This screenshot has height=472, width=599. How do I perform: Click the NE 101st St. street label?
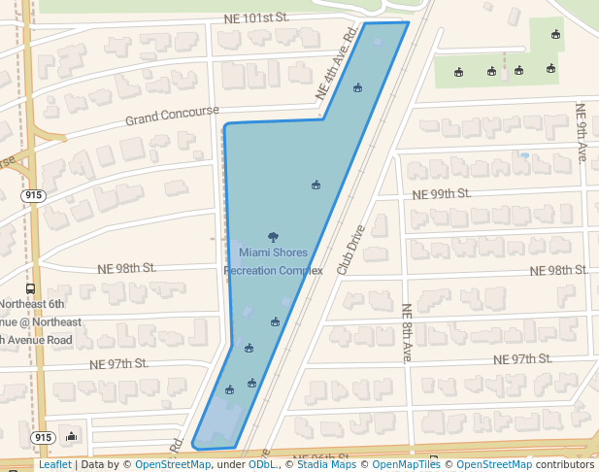(x=256, y=17)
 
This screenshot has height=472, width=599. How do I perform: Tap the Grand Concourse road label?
(x=172, y=117)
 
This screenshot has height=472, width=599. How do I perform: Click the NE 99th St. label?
(x=442, y=194)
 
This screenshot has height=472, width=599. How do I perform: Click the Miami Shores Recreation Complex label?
(x=273, y=261)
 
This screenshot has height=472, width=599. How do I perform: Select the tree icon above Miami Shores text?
(x=273, y=237)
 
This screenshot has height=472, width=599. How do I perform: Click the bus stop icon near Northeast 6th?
(x=30, y=288)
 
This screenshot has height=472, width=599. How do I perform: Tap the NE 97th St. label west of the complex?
(x=118, y=363)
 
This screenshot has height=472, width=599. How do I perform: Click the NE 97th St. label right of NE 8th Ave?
(x=522, y=359)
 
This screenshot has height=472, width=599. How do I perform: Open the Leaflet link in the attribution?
(x=54, y=465)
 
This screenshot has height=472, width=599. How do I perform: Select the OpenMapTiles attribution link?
(x=406, y=465)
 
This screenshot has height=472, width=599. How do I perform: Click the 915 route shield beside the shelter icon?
(x=42, y=438)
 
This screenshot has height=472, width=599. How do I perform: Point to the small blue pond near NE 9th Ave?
(x=524, y=154)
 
